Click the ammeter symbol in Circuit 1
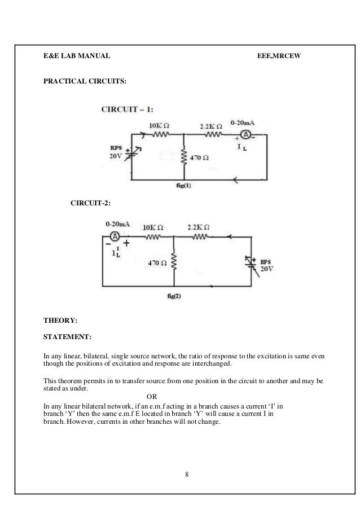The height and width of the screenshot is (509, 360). (246, 134)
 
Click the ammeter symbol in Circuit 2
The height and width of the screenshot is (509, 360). (114, 236)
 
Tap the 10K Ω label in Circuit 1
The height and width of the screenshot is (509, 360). (160, 125)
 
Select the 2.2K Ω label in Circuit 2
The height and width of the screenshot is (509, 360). (200, 227)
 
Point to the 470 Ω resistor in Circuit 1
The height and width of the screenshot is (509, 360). (183, 156)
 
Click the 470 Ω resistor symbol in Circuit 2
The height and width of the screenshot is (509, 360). (174, 262)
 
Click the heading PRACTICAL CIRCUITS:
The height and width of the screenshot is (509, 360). (85, 81)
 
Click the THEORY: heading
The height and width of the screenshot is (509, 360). (61, 321)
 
